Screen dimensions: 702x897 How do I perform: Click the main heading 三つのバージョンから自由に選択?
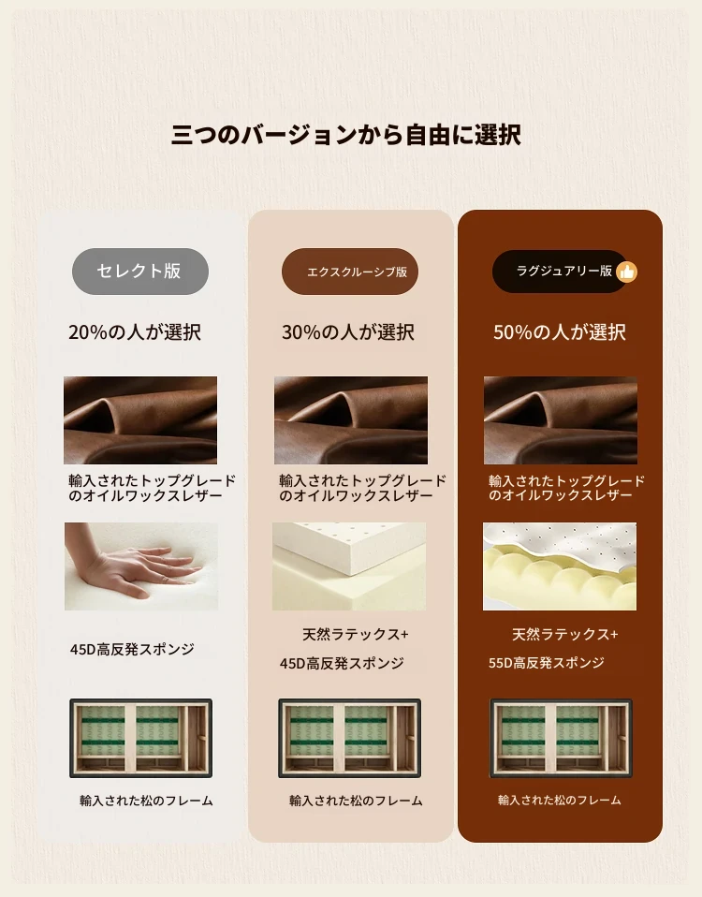pos(346,136)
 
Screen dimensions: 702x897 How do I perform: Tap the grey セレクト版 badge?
pos(140,272)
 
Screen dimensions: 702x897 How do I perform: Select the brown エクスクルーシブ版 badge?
pos(350,272)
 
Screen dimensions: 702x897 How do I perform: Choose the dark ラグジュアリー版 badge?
pos(561,272)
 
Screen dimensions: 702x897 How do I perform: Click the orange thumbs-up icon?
pos(627,272)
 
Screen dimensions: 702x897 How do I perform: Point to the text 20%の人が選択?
pos(135,332)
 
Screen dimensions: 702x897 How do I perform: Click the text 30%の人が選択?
pos(347,332)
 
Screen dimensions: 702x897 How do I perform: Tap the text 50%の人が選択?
pos(560,332)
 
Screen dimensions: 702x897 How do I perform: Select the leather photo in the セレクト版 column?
pos(140,419)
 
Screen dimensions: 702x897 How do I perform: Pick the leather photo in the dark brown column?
pos(561,419)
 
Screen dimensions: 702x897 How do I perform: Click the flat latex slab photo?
pos(349,566)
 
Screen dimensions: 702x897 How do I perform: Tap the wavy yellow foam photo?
pos(560,566)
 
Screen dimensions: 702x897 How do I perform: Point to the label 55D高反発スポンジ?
pos(547,663)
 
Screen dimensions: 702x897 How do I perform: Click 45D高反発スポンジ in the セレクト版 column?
pos(132,649)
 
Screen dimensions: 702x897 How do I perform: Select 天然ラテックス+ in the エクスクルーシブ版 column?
pos(356,635)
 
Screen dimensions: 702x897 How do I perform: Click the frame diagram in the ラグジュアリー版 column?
pos(561,738)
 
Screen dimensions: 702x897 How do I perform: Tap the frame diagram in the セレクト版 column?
pos(140,738)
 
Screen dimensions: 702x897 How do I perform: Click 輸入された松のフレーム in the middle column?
pos(356,801)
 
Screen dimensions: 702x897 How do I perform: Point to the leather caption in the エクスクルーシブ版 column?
pos(362,488)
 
